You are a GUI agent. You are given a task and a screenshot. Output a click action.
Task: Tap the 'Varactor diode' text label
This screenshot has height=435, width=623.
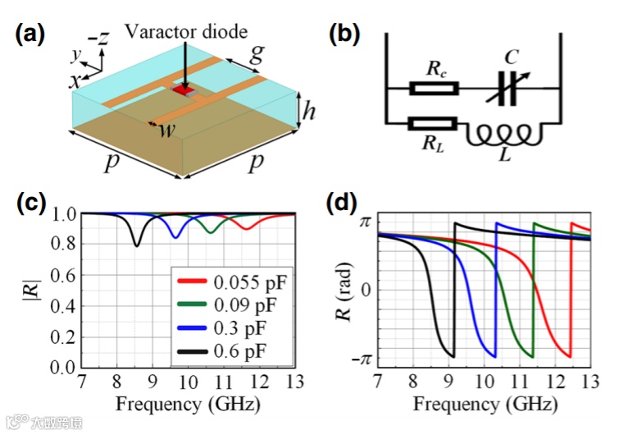(186, 32)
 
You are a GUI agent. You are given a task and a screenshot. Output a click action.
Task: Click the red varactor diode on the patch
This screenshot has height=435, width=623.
(181, 89)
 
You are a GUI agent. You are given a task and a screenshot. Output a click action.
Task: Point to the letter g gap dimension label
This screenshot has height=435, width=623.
(257, 54)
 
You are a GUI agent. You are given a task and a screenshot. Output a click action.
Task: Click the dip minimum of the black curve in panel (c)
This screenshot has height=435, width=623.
(137, 245)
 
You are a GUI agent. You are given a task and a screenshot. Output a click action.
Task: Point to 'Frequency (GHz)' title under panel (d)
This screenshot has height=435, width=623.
(484, 405)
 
